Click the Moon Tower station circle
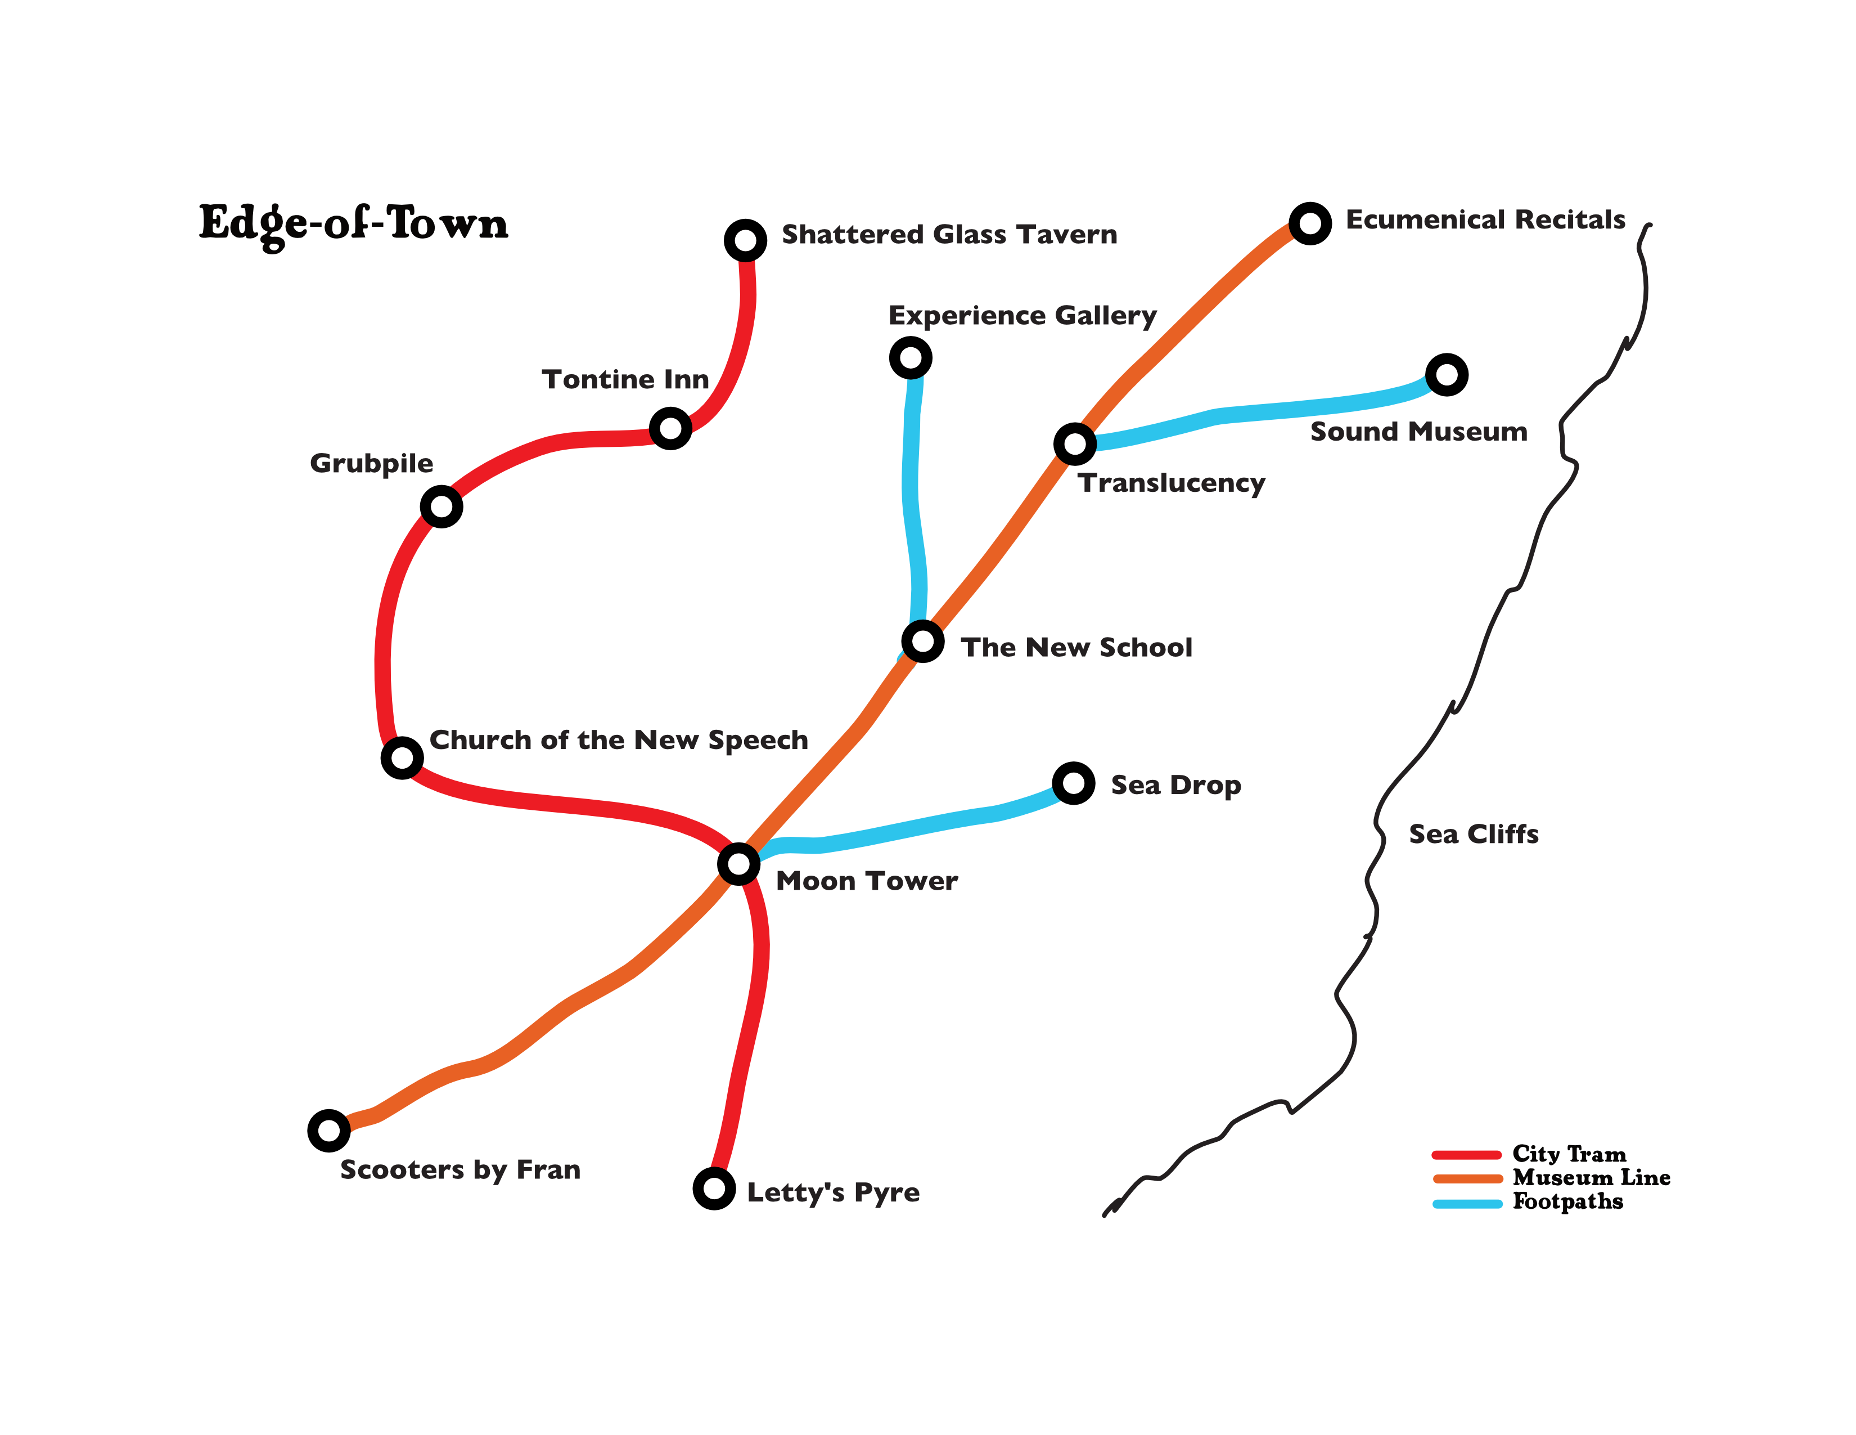(738, 864)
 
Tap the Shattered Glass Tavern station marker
(745, 241)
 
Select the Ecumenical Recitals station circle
(1309, 223)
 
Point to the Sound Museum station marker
(1447, 375)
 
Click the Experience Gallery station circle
(910, 358)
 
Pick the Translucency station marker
(1075, 444)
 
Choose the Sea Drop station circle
(1073, 783)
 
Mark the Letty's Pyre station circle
(714, 1189)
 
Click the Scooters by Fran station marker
(329, 1131)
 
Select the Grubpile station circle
(441, 506)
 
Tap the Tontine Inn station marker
(670, 428)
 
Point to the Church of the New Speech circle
(402, 757)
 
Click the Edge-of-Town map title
(354, 223)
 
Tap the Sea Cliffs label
(1474, 834)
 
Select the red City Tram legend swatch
(1467, 1154)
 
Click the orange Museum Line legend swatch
(1467, 1178)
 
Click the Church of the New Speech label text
(619, 741)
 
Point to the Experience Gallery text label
(1022, 315)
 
